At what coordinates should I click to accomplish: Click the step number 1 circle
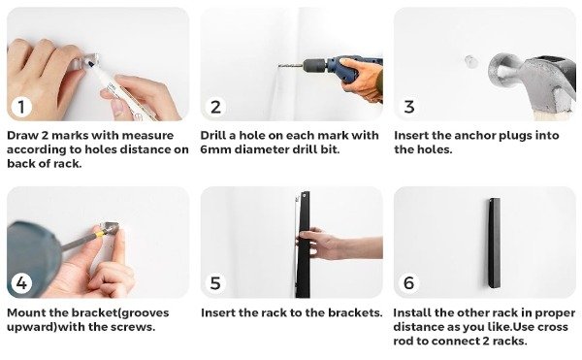point(21,107)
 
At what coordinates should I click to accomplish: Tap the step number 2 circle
point(215,107)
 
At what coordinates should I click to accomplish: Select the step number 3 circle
point(408,107)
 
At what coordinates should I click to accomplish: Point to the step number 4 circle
point(21,283)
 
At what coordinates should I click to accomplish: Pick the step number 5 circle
point(215,283)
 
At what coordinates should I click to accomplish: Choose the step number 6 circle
point(408,283)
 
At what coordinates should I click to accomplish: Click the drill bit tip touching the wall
point(280,66)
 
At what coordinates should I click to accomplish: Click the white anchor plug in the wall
point(470,61)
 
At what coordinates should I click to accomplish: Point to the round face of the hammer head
point(501,70)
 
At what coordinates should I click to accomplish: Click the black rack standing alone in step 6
point(494,244)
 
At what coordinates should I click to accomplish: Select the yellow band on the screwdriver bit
point(99,234)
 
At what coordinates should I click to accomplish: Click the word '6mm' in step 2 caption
point(215,149)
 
